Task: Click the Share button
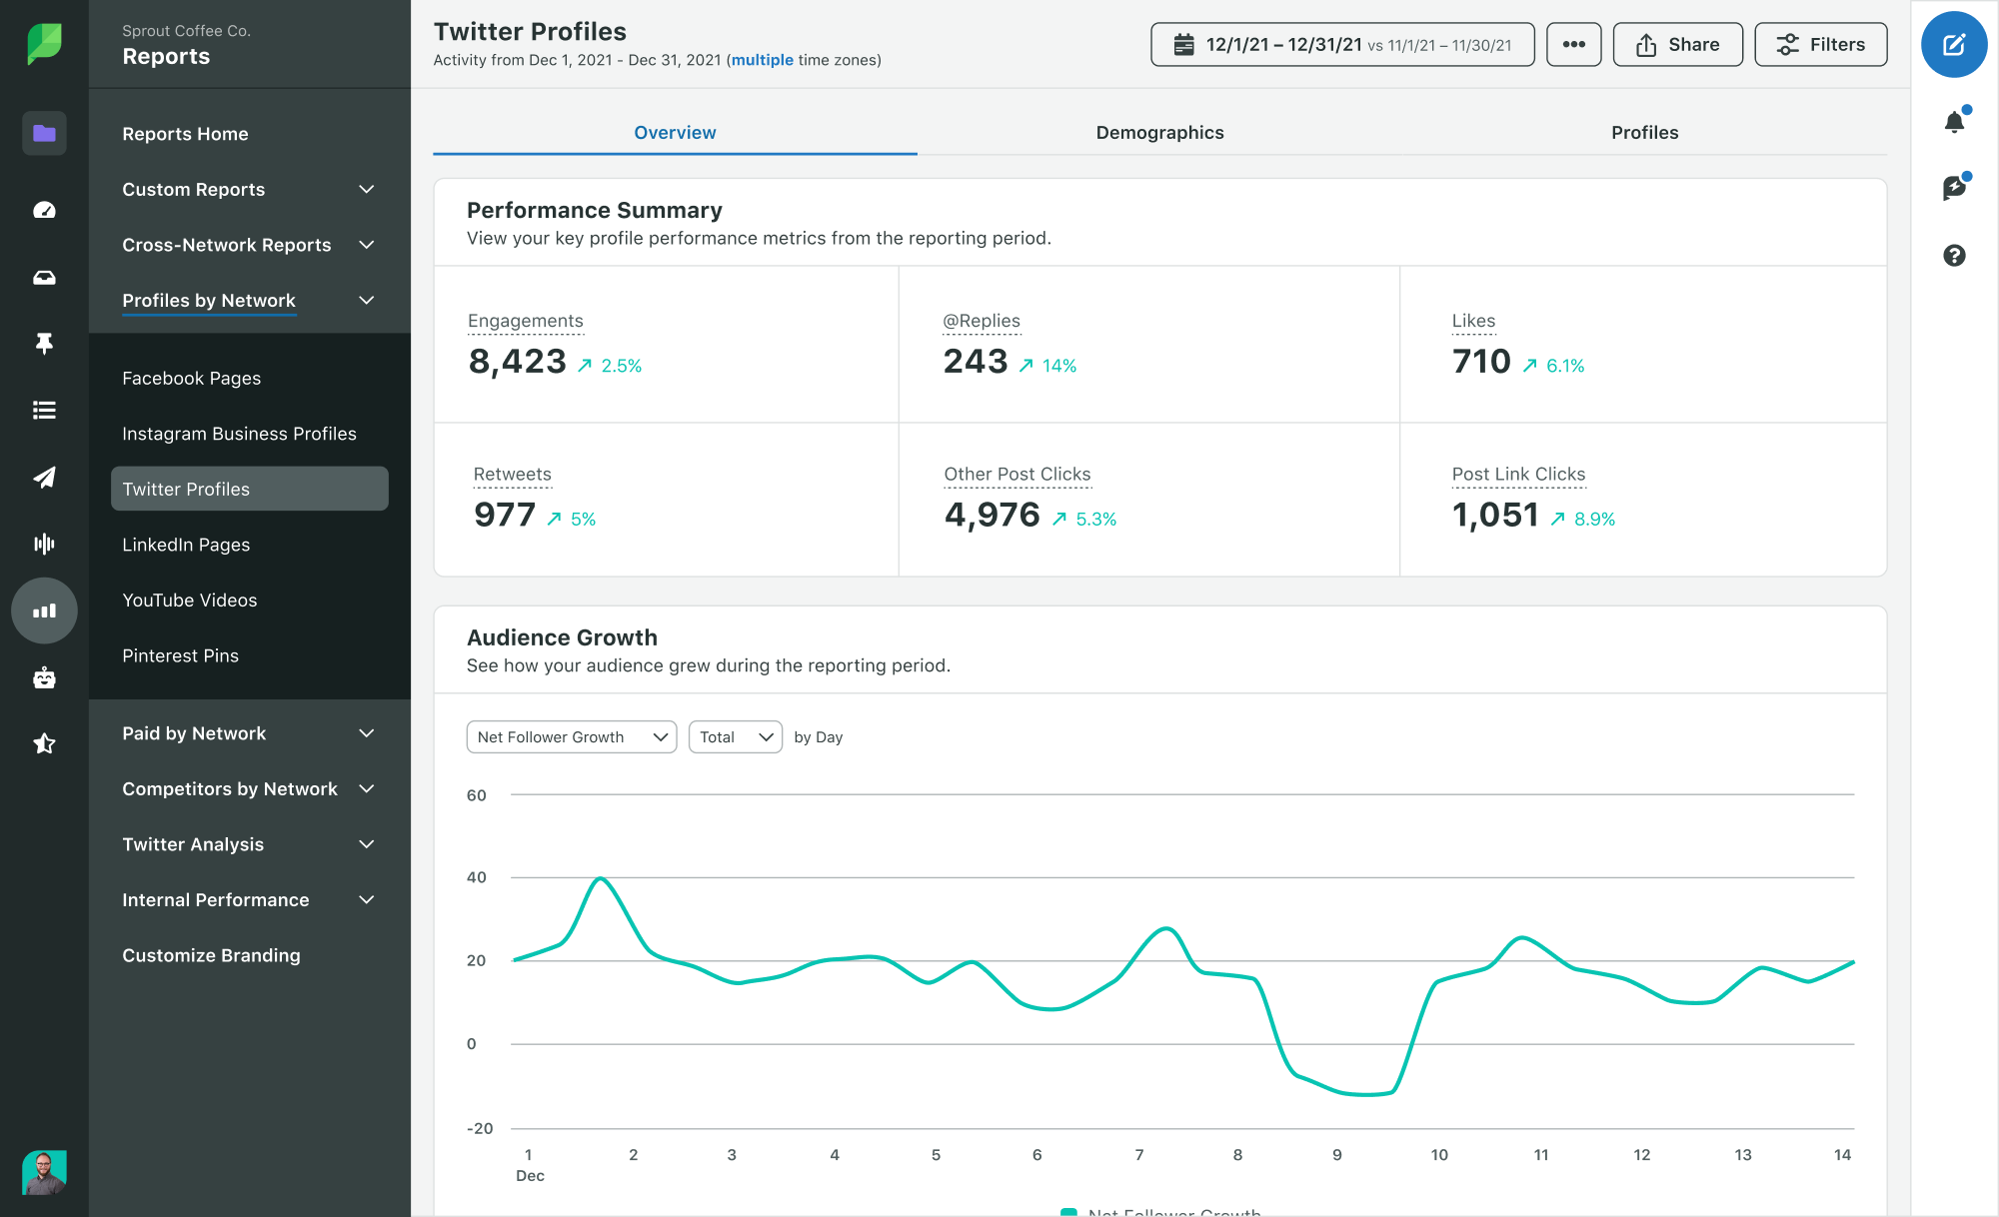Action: [x=1677, y=45]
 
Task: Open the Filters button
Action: [x=1820, y=45]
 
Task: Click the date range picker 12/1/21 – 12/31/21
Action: [x=1341, y=45]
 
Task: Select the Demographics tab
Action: [x=1159, y=133]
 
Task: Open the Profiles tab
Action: [x=1644, y=133]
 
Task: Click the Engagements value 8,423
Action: [x=518, y=362]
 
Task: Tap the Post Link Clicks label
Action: [x=1518, y=475]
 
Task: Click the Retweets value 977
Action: [x=505, y=516]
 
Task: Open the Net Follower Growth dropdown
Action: [x=571, y=737]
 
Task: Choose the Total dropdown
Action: [x=735, y=737]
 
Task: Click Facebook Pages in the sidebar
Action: [x=191, y=379]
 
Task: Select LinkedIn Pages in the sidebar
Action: [x=186, y=545]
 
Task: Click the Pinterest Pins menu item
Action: [x=180, y=655]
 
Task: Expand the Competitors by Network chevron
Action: [x=367, y=789]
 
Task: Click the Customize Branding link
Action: [x=211, y=955]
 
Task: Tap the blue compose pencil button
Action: [x=1953, y=45]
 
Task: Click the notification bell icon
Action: [x=1954, y=122]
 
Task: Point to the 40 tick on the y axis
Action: [x=477, y=877]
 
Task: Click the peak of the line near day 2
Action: [x=600, y=878]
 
